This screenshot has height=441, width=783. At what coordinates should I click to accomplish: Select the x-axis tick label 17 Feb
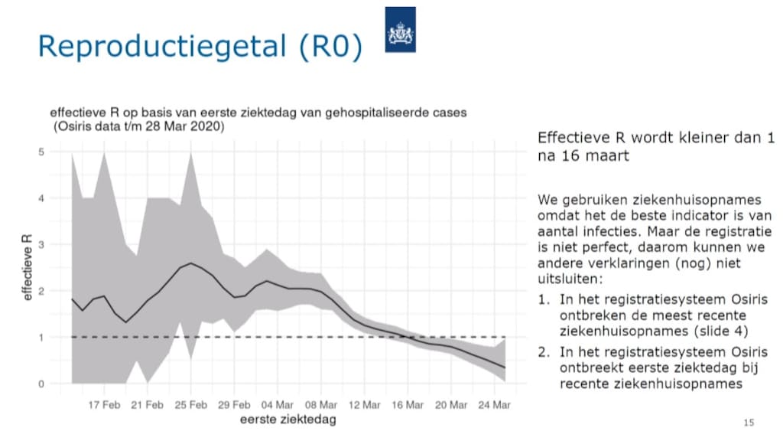(x=104, y=404)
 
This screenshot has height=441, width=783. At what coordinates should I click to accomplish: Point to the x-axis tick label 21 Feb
(x=148, y=404)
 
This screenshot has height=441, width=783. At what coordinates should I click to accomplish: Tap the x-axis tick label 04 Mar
(x=278, y=404)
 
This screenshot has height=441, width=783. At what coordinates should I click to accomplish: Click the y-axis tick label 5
(x=41, y=152)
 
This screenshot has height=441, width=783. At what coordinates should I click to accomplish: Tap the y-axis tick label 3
(x=41, y=245)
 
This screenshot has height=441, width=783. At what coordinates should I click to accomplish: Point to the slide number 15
(x=749, y=422)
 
